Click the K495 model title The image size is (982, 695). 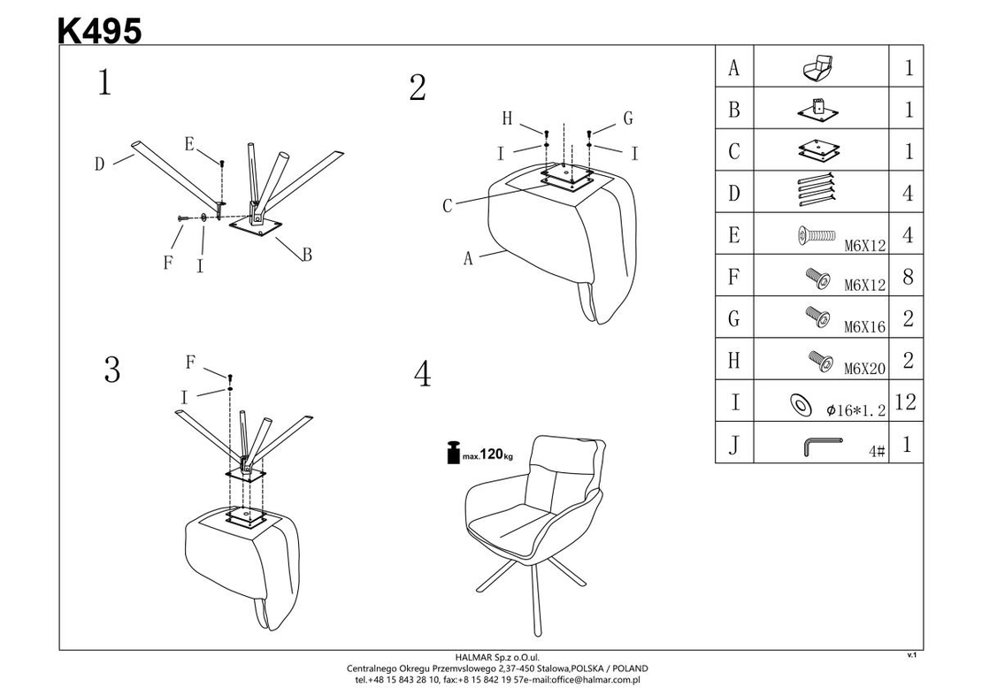[100, 30]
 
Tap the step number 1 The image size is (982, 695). [104, 82]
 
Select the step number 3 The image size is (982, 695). [112, 370]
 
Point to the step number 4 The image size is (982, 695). [423, 374]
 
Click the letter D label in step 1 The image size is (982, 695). [99, 164]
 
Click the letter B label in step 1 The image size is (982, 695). [307, 255]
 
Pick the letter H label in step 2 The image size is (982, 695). [507, 118]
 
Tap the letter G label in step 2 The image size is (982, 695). [628, 118]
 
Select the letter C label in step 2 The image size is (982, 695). [447, 205]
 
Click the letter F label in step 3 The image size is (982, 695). [190, 362]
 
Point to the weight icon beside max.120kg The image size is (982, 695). [454, 453]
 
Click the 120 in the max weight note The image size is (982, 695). [492, 454]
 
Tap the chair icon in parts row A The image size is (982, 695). [818, 67]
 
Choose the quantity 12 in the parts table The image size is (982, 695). [906, 401]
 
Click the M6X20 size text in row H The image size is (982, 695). [865, 369]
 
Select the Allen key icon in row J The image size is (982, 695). [821, 446]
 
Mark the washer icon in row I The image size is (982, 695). [800, 404]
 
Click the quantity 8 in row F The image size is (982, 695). [908, 276]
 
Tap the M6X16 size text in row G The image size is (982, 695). [865, 327]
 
